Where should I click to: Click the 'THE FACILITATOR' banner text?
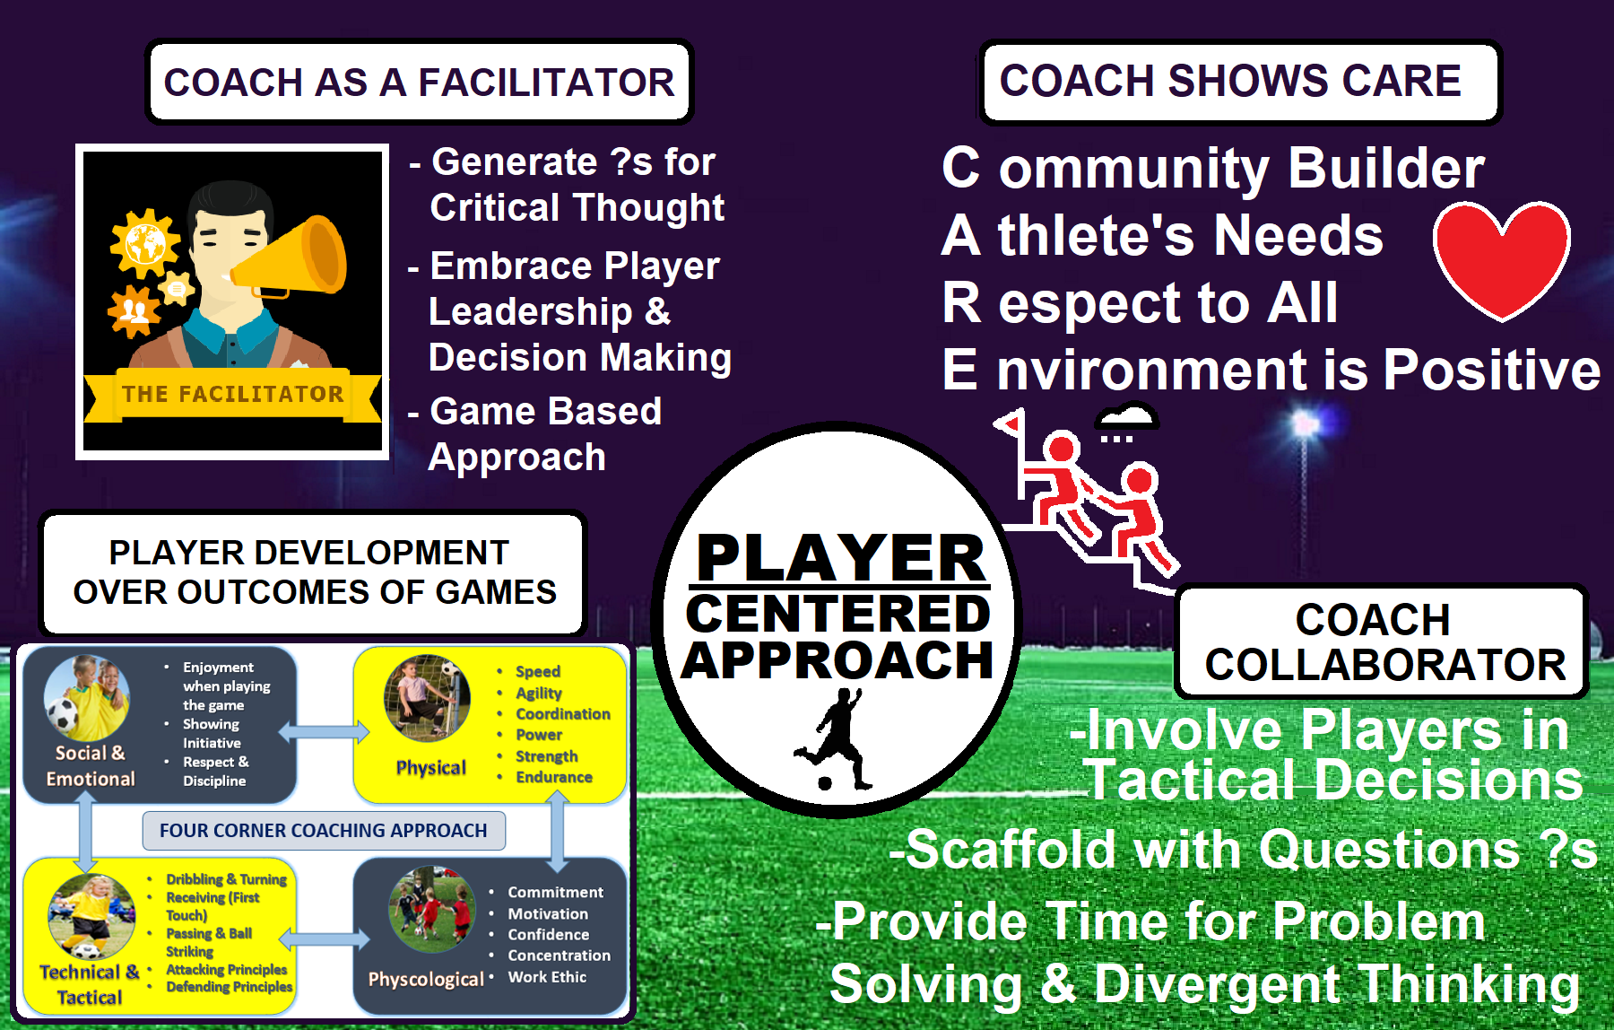click(233, 394)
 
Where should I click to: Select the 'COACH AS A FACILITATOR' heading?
click(420, 82)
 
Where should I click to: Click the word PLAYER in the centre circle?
click(841, 558)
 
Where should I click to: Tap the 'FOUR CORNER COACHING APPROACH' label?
click(324, 831)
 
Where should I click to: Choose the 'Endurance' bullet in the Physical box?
click(554, 777)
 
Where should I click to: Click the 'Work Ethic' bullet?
click(547, 977)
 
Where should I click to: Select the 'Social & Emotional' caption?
click(90, 765)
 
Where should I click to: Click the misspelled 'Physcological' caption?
click(426, 979)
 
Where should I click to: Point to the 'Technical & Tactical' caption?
click(89, 984)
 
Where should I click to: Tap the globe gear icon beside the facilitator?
click(143, 242)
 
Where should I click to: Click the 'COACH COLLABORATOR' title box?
click(1381, 642)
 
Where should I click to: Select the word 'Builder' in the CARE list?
click(1387, 168)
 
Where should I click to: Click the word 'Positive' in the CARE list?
click(1492, 370)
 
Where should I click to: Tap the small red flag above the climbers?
click(1011, 423)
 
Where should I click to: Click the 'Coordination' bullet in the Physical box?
click(563, 714)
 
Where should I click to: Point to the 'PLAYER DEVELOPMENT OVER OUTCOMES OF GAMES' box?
click(314, 572)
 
